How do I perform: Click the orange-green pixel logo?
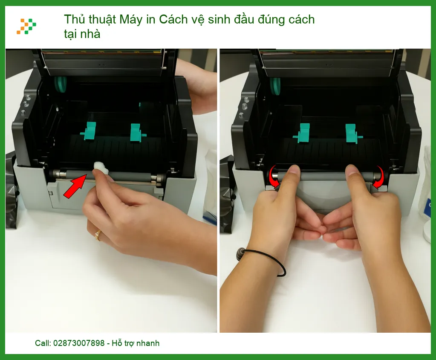(26, 26)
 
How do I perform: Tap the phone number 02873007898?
(79, 343)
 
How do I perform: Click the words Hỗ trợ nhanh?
(136, 343)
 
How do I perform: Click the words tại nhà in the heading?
(82, 34)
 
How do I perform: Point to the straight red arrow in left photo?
(75, 186)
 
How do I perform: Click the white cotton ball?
(101, 168)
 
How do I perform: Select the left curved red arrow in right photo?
(273, 178)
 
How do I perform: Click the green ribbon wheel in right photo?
(276, 86)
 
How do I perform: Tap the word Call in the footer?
(43, 343)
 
